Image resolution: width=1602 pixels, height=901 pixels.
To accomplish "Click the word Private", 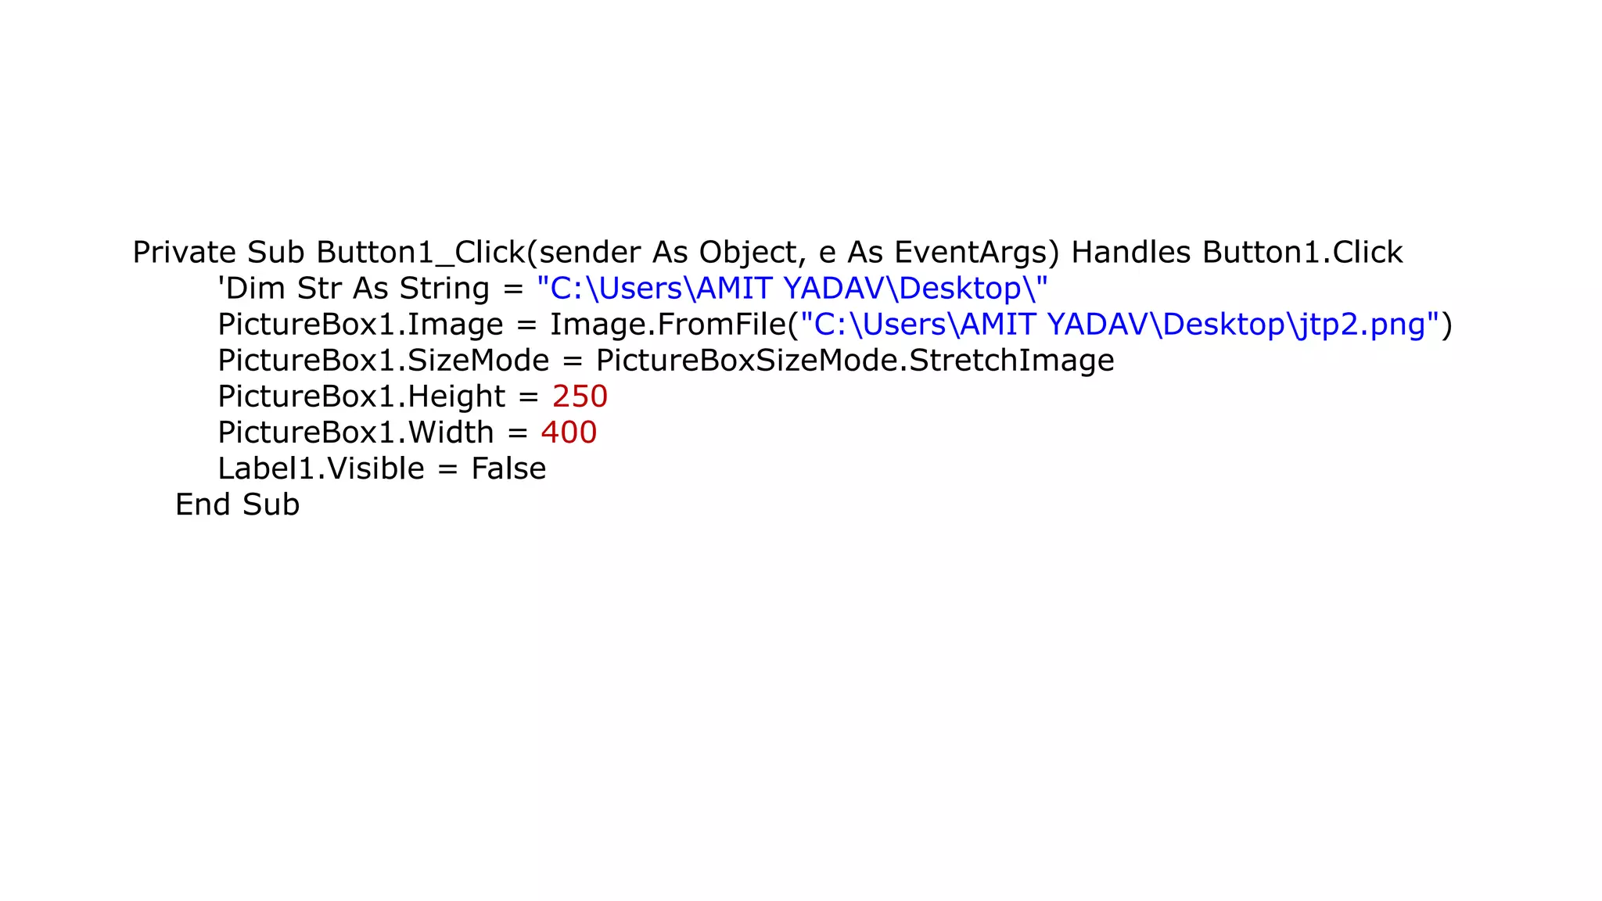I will [184, 253].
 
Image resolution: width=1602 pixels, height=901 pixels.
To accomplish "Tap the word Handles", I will [1130, 253].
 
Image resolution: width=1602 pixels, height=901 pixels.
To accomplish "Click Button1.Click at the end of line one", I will [1302, 253].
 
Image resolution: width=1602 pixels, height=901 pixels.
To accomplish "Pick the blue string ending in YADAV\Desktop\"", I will [915, 289].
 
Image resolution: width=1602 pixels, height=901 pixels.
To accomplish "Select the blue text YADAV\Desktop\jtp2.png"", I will [1243, 325].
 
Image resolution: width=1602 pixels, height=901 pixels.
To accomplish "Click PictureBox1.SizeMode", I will [383, 361].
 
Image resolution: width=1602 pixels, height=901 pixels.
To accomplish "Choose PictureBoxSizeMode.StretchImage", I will [855, 361].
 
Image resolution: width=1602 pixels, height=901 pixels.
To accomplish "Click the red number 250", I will [580, 397].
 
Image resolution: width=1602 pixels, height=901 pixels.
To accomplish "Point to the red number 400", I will [569, 433].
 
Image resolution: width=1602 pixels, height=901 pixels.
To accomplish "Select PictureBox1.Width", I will [355, 433].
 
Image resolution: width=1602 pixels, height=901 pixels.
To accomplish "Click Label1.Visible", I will [321, 468].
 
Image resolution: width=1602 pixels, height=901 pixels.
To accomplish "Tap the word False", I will [508, 468].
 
